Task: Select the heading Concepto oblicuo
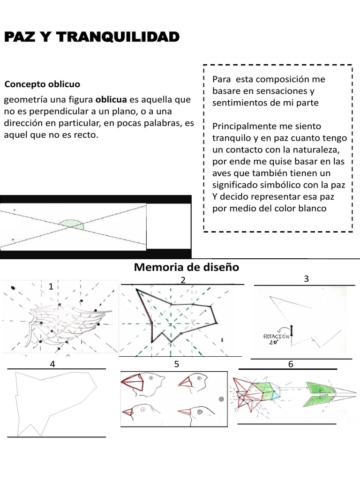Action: (42, 84)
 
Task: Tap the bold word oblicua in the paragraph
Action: (112, 100)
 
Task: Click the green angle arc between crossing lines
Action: (72, 225)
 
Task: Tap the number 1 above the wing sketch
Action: (50, 286)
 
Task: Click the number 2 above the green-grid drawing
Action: (183, 280)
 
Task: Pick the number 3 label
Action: (306, 279)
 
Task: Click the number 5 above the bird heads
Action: (176, 364)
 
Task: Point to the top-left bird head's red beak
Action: (132, 384)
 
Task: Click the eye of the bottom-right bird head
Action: (199, 410)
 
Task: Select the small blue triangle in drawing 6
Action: (276, 395)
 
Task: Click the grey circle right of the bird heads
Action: (221, 399)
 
